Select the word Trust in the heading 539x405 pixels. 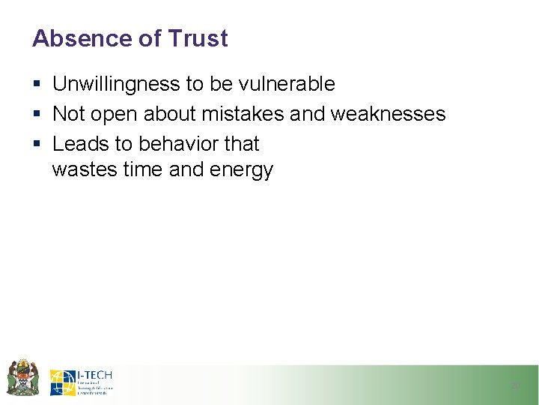[198, 39]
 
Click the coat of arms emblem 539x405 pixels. [22, 377]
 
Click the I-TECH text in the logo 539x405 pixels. [94, 375]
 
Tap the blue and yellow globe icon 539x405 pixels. [62, 382]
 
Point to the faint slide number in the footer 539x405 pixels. [515, 385]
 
